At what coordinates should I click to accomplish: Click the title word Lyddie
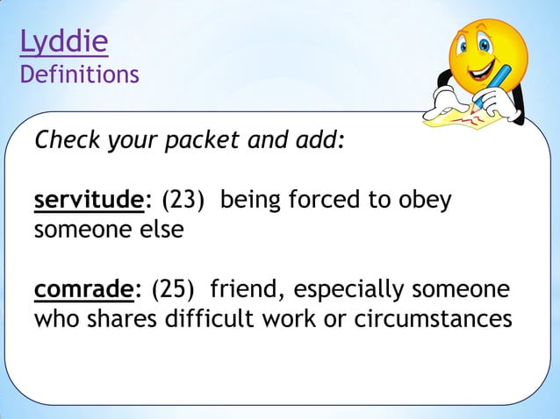click(64, 41)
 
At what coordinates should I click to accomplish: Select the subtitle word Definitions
click(79, 75)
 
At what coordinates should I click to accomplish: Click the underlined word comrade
click(84, 288)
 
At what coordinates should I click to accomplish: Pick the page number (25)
click(175, 288)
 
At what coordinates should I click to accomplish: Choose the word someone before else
click(79, 231)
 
